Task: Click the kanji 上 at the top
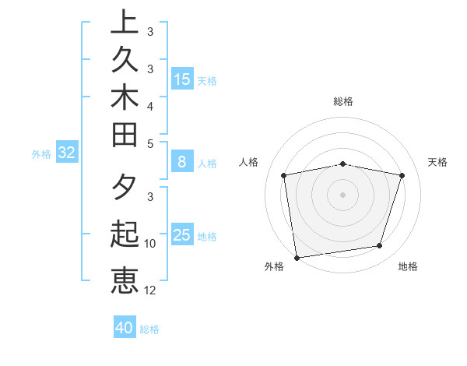(125, 21)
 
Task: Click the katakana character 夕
(125, 188)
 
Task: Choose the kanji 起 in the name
(125, 234)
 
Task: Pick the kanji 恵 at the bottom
(125, 280)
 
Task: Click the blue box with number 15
(182, 79)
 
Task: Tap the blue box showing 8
(182, 163)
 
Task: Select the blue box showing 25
(182, 235)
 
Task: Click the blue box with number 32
(66, 153)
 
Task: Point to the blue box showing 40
(125, 328)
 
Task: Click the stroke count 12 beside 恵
(151, 290)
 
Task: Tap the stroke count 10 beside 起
(151, 243)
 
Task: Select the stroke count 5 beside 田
(151, 143)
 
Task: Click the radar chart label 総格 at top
(343, 101)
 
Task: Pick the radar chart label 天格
(438, 162)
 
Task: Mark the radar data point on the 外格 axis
(297, 257)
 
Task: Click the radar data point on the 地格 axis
(380, 246)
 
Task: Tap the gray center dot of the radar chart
(342, 194)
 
